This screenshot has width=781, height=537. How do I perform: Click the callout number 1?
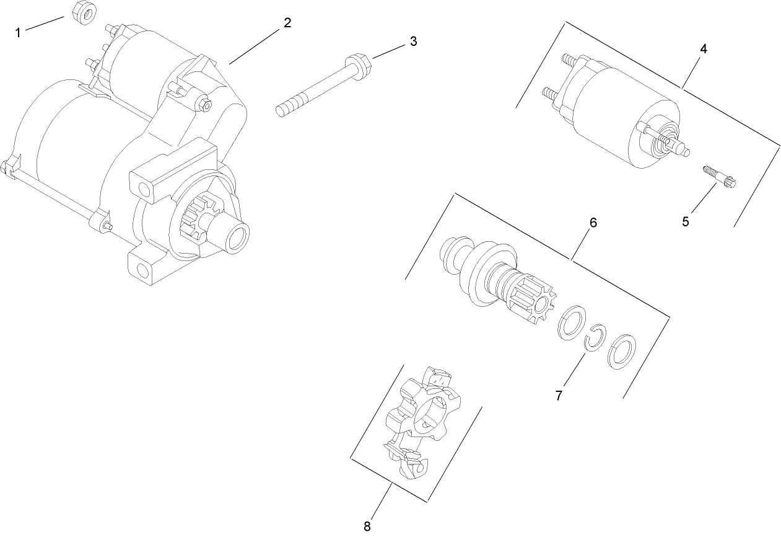click(x=18, y=32)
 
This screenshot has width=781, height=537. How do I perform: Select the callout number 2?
click(x=287, y=23)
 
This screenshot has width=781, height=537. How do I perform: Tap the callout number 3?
click(x=413, y=42)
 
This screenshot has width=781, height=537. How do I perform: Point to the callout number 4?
click(x=704, y=48)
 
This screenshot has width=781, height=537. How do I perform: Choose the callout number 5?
click(x=686, y=221)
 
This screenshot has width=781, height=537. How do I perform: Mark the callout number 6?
click(x=593, y=223)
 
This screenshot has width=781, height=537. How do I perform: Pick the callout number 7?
click(x=559, y=395)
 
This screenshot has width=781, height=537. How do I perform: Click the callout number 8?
click(x=367, y=526)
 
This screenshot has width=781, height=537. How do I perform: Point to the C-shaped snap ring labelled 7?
click(x=596, y=339)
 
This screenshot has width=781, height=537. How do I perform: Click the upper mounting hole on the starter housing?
click(x=144, y=187)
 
